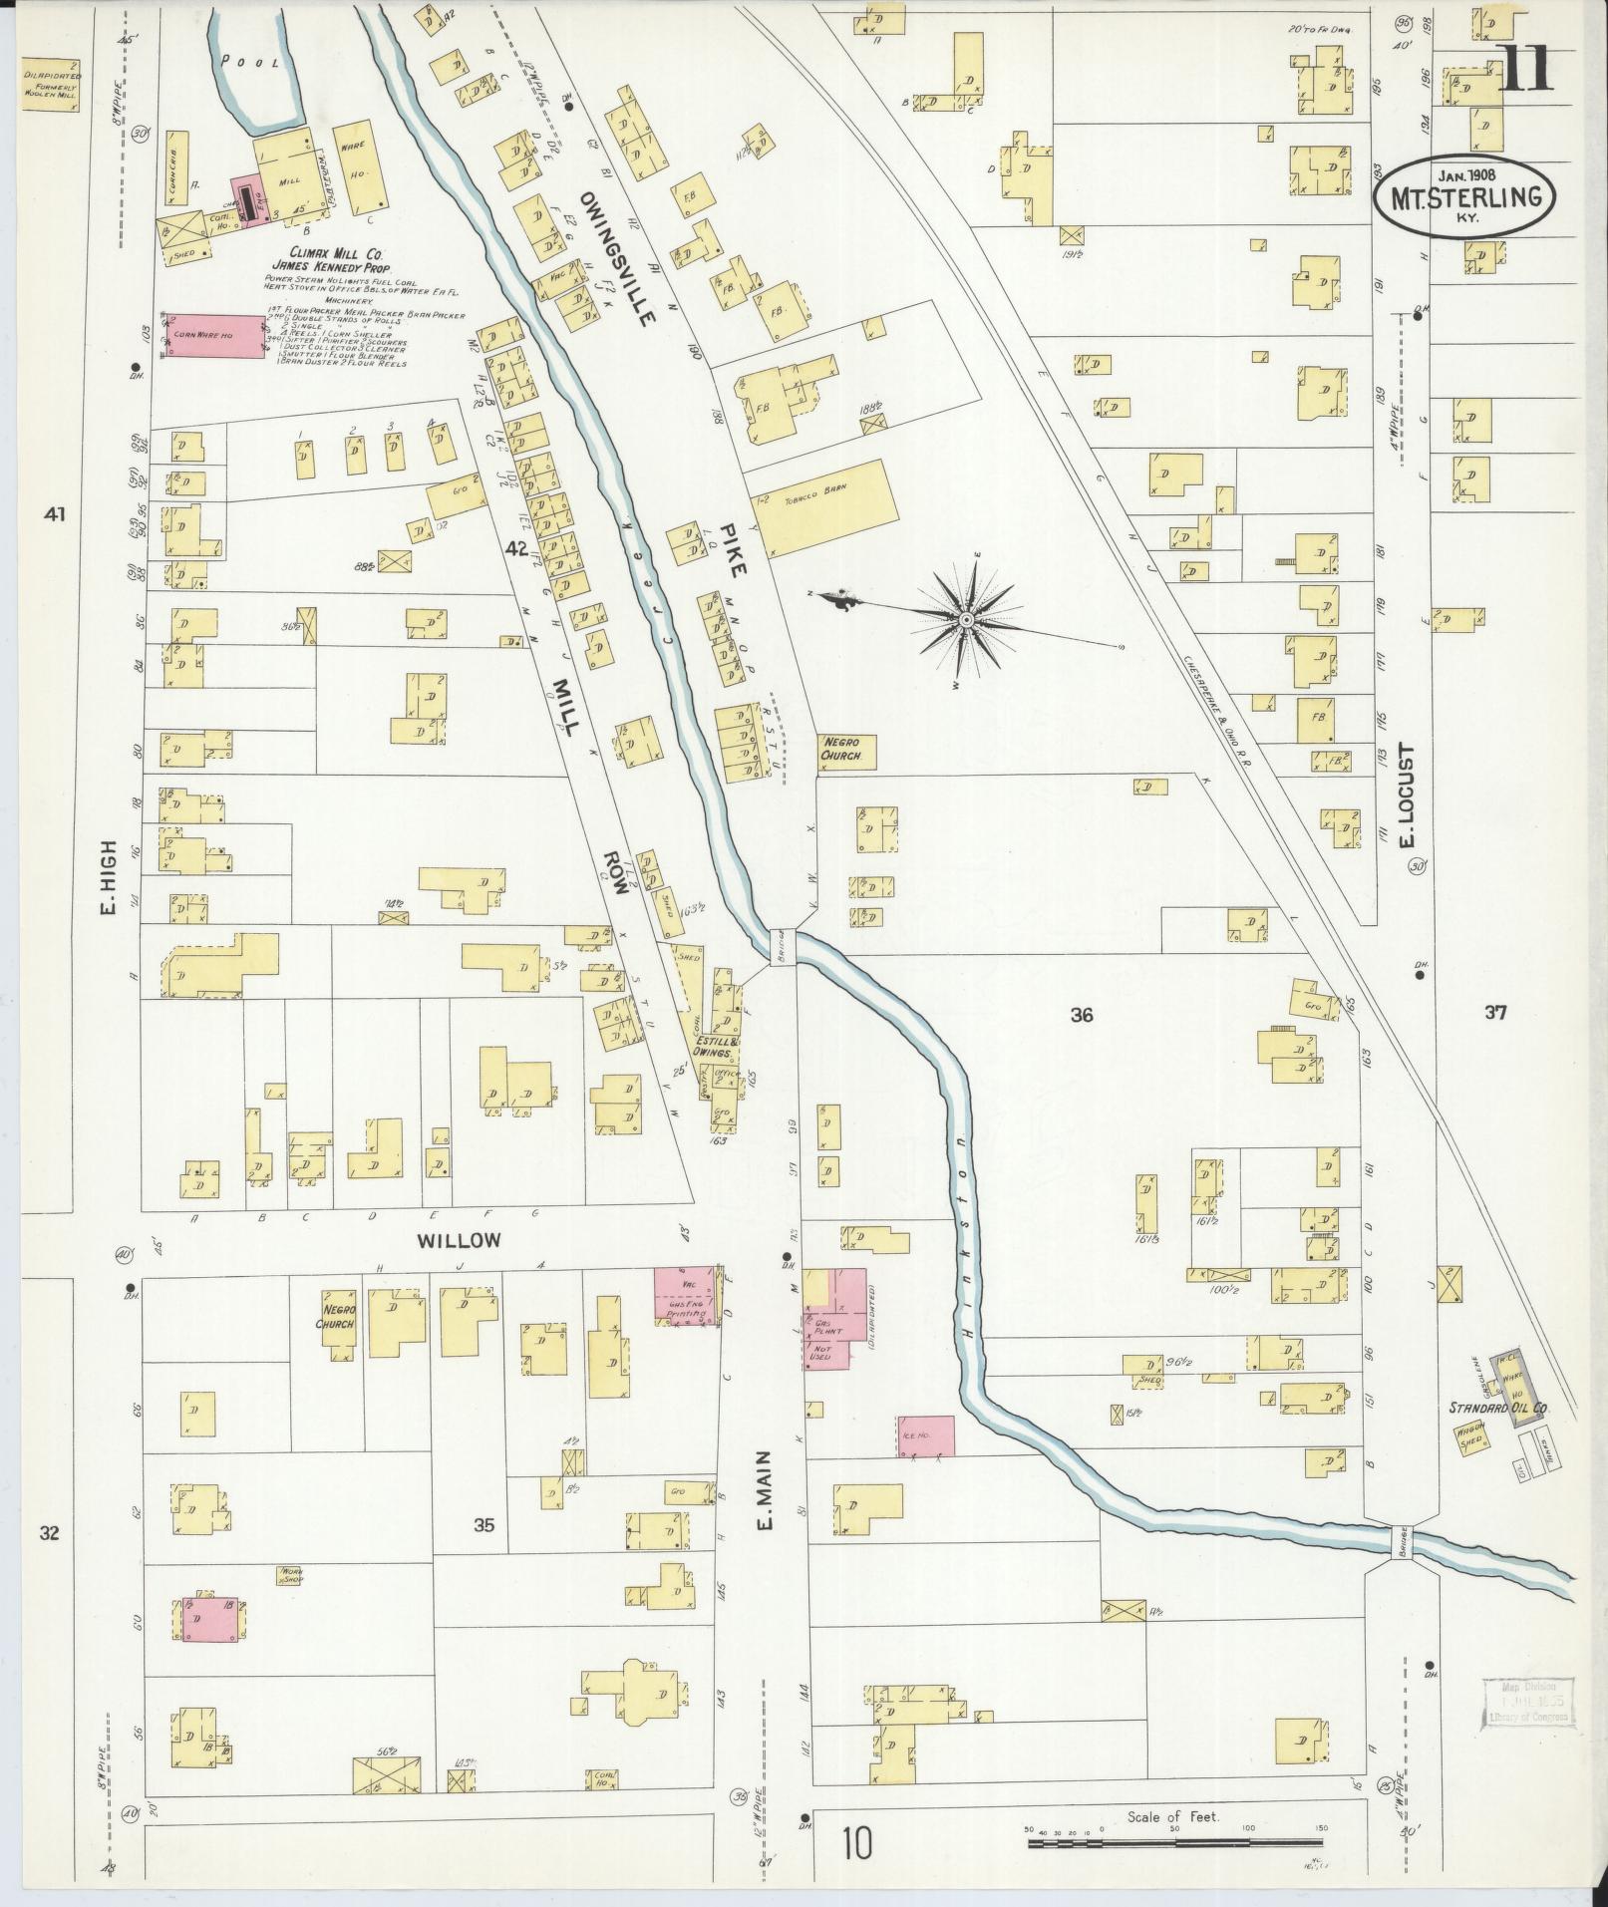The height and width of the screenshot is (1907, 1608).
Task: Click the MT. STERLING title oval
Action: (1462, 196)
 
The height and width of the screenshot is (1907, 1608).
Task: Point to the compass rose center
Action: (965, 620)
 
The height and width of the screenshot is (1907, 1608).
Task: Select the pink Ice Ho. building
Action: (926, 1435)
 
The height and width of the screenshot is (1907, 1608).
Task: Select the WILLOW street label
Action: (458, 1240)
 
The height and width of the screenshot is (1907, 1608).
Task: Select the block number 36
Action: (1082, 1016)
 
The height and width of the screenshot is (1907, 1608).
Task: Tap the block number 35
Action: (484, 1524)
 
